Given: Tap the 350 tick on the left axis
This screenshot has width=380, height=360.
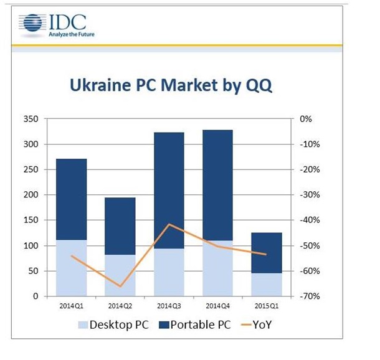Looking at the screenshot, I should (x=30, y=119).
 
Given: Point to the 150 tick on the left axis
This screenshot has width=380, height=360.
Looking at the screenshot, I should (x=30, y=220).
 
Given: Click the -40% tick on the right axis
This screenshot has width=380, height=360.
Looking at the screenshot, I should (x=310, y=220).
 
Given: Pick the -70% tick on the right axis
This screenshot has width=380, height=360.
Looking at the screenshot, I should (x=310, y=296).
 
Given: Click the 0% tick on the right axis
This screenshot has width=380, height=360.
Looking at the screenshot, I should (x=307, y=119).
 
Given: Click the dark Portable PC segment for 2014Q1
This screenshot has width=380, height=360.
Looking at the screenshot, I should (x=72, y=199).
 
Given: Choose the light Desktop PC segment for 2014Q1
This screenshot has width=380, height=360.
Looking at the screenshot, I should (x=72, y=268).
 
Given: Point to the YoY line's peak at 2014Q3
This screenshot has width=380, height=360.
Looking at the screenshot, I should (x=169, y=224).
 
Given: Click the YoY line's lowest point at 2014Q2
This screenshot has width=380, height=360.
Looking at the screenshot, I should (x=120, y=287).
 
